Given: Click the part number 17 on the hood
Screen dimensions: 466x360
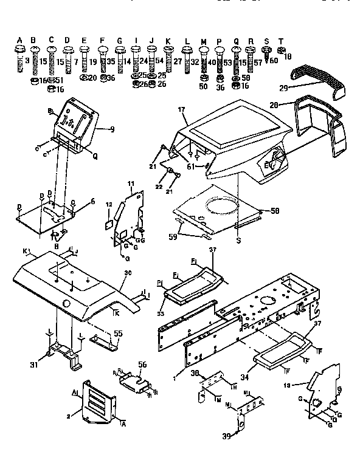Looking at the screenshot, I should pos(181,109).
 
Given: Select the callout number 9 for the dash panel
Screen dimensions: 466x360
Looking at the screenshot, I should pos(112,129).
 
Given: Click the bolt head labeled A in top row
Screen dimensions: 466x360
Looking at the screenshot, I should pos(19,50).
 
